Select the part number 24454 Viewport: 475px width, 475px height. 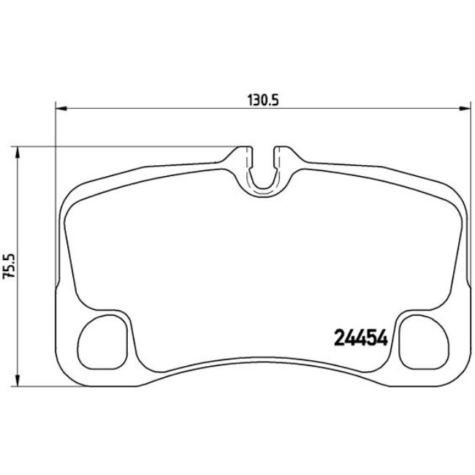point(359,338)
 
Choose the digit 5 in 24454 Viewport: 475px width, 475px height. point(369,338)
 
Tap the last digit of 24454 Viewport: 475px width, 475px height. point(379,338)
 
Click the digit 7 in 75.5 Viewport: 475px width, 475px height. point(9,281)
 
